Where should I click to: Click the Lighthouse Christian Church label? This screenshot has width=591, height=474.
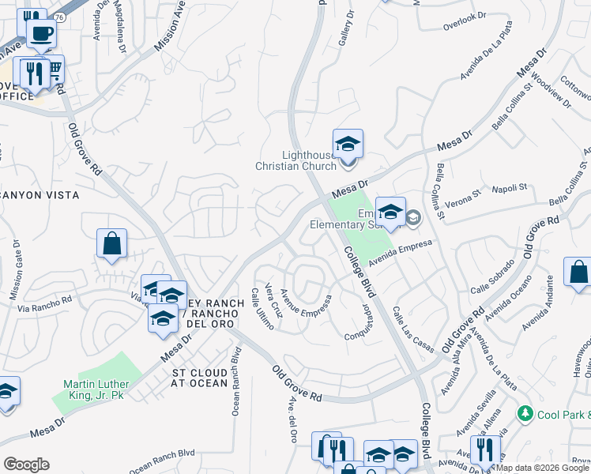295,160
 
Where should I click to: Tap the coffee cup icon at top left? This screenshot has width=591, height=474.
41,34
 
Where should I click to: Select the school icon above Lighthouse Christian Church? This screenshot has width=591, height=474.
348,145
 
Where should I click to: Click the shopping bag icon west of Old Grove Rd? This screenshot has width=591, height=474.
111,245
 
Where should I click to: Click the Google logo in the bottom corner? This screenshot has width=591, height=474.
26,465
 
